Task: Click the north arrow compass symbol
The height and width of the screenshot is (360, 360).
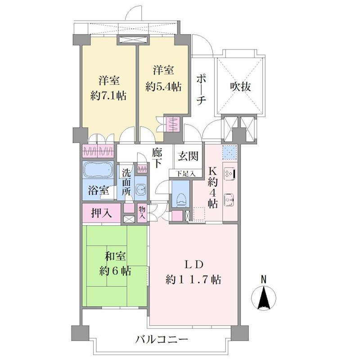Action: click(x=264, y=298)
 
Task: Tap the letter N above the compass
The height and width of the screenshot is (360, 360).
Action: click(x=264, y=279)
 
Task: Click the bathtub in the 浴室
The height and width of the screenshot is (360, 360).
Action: click(x=98, y=170)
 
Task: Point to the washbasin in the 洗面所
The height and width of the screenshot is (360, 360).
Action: click(x=141, y=189)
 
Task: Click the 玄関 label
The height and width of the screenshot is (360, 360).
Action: click(x=188, y=157)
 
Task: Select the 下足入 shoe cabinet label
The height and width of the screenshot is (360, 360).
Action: click(x=186, y=174)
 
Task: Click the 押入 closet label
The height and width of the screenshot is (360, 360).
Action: click(x=102, y=213)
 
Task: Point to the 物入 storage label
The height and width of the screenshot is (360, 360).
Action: click(x=142, y=212)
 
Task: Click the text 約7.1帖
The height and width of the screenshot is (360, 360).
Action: click(x=108, y=96)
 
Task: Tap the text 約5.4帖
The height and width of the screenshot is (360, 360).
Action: click(x=163, y=87)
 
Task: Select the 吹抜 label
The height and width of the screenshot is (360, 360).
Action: click(x=240, y=87)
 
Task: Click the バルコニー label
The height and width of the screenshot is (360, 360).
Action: click(x=161, y=339)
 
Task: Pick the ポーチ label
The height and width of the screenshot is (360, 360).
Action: click(x=201, y=89)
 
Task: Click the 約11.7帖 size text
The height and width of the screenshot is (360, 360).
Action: click(x=193, y=280)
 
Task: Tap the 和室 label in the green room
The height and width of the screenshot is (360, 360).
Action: click(x=115, y=256)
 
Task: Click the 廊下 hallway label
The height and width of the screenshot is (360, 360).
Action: click(x=157, y=158)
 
